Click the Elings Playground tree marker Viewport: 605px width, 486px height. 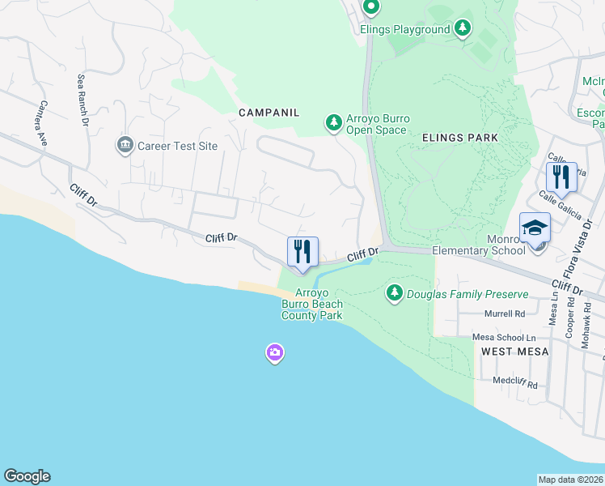tap(462, 29)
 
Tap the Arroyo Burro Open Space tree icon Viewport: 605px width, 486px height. tap(333, 123)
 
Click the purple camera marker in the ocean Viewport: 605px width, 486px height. tap(275, 352)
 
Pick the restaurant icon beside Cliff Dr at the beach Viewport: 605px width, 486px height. tap(303, 252)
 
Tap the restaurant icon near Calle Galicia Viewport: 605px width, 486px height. tap(561, 177)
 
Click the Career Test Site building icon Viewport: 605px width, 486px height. tap(125, 146)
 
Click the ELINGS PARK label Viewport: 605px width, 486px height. tap(460, 138)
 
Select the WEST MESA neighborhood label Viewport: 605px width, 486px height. tap(515, 351)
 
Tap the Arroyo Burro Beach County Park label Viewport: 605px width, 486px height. tap(311, 304)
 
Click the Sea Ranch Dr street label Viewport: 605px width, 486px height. tap(82, 101)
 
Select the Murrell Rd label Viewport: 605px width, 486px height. tap(505, 313)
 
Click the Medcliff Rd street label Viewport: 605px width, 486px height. tap(515, 384)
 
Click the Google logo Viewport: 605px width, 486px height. tap(27, 476)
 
